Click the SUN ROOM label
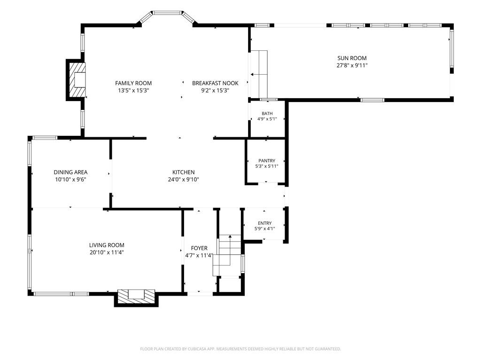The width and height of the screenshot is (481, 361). [x=352, y=58]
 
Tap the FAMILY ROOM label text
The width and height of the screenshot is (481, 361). [x=133, y=83]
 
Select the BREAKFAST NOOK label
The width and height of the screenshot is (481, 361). [x=215, y=83]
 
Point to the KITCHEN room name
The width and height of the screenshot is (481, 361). [x=184, y=172]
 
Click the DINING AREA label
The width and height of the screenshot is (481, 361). [x=70, y=172]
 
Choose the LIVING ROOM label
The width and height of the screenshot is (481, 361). [x=107, y=245]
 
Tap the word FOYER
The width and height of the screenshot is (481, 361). [x=199, y=248]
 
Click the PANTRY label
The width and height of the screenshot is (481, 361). [x=267, y=161]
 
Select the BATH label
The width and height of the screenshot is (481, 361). [x=267, y=114]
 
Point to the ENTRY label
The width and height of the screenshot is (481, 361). [x=265, y=223]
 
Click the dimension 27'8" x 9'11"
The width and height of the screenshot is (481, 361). [x=352, y=65]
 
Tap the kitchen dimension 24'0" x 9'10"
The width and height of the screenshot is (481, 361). [x=184, y=180]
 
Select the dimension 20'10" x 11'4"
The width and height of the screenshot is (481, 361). [x=107, y=252]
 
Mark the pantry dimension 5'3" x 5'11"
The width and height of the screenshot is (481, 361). [x=267, y=166]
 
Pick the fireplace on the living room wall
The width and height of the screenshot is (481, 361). [x=136, y=298]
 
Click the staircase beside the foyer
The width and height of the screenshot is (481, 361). [x=227, y=255]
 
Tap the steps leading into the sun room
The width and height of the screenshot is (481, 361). [x=259, y=74]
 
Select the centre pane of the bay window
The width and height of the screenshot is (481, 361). [x=167, y=13]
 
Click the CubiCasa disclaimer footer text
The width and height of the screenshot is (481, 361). [x=240, y=349]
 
